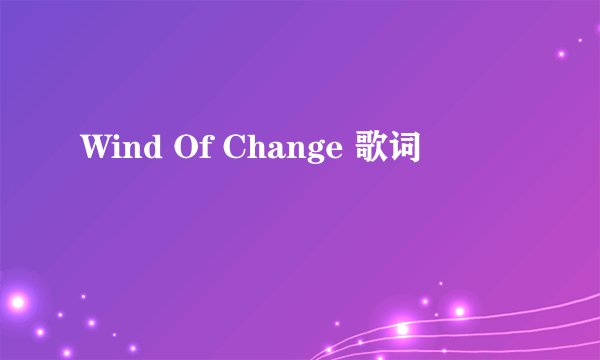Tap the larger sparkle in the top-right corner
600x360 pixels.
[561, 54]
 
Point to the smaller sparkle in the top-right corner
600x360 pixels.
[580, 41]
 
